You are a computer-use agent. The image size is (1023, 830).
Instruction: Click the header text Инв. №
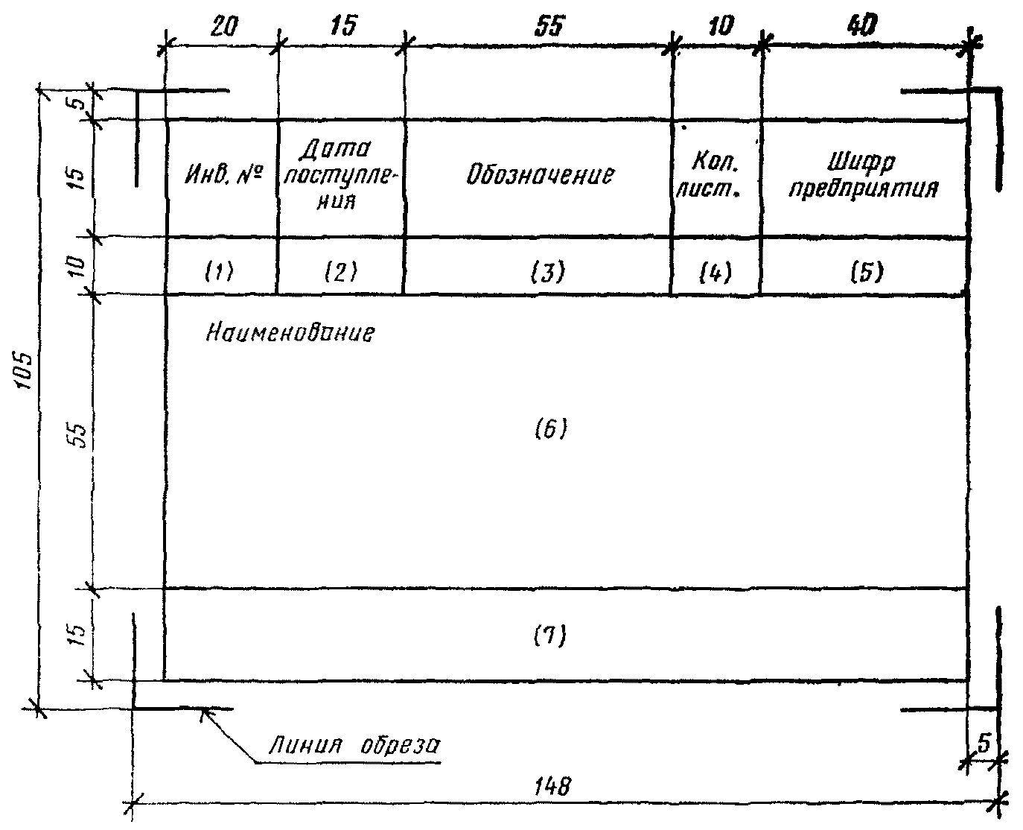pos(224,175)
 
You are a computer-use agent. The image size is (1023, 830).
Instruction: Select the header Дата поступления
pos(340,174)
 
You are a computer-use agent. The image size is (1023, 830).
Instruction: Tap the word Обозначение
pos(540,174)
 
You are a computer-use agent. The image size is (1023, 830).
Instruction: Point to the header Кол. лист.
pos(710,175)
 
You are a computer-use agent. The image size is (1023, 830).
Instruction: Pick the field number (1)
pos(219,271)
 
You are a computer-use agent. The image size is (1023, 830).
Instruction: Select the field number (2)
pos(341,271)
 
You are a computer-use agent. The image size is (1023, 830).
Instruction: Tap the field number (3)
pos(548,272)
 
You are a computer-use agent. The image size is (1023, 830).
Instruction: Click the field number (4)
pos(716,272)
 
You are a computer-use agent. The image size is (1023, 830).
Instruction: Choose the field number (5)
pos(867,272)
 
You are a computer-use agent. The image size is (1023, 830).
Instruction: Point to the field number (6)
pos(551,428)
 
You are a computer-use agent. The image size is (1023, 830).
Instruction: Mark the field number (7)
pos(550,636)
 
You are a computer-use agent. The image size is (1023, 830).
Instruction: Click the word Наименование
pos(290,332)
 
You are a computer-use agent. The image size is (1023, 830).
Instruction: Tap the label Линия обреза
pos(354,746)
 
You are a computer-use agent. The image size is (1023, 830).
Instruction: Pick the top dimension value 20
pos(224,26)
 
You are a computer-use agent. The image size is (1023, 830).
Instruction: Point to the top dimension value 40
pos(863,25)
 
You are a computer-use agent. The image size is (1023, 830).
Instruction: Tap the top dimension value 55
pos(550,26)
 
